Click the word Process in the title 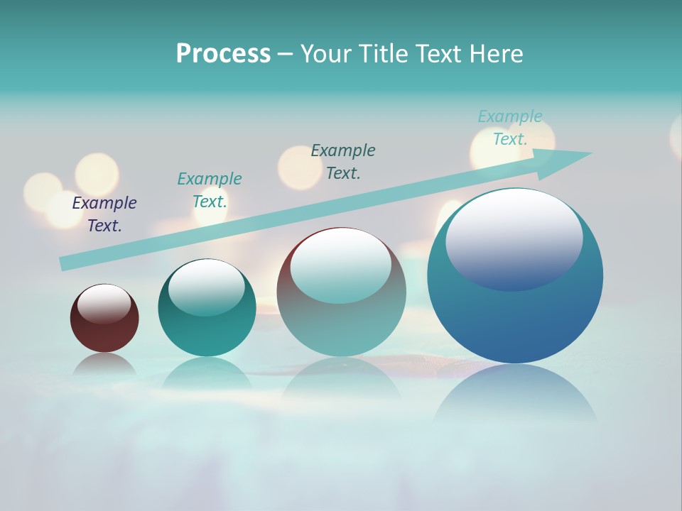(223, 54)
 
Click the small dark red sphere (104, 330)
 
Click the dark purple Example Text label (104, 214)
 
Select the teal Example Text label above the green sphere (210, 190)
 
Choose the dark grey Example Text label (343, 161)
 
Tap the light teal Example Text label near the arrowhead (510, 128)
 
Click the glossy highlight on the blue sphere (514, 238)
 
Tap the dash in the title (285, 54)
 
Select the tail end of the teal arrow (65, 263)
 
